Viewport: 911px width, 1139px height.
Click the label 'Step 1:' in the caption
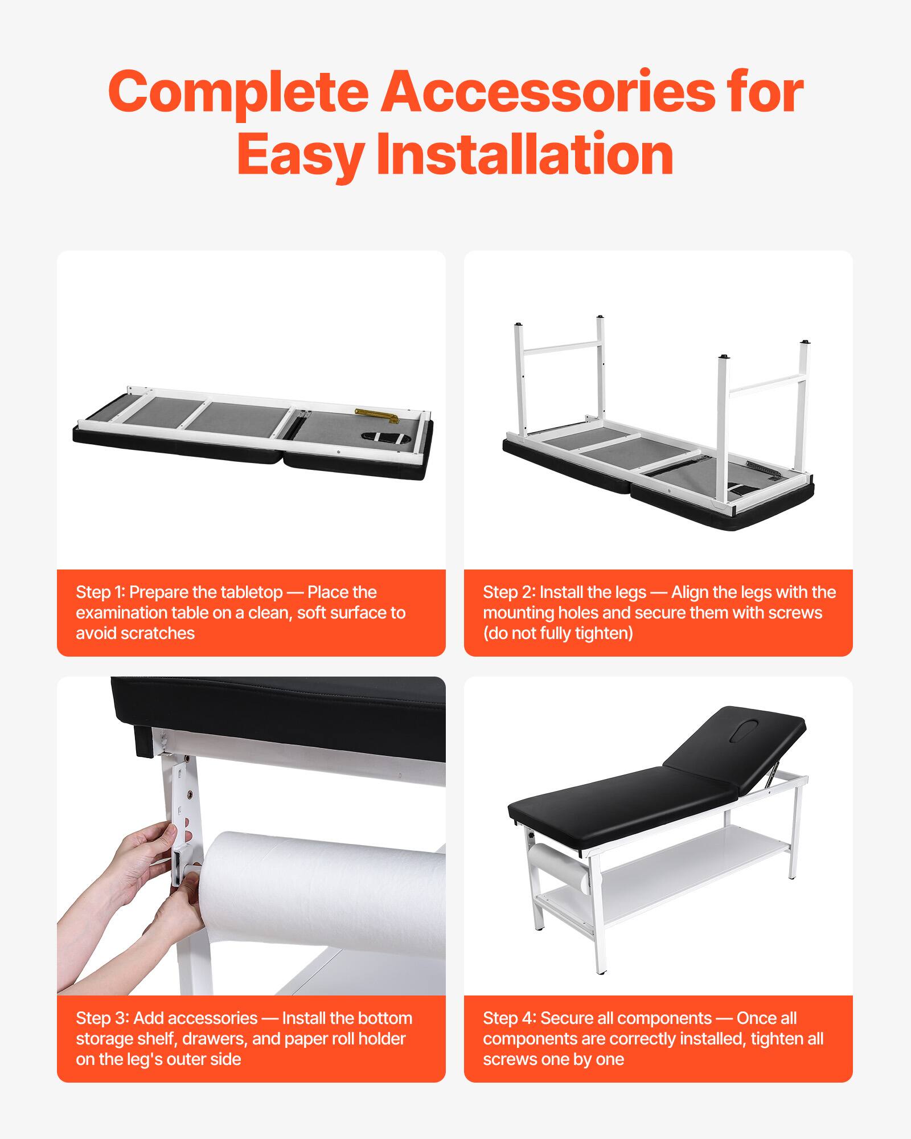click(100, 592)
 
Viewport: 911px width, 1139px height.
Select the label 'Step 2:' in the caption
click(508, 592)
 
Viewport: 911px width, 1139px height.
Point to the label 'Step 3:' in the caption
click(102, 1018)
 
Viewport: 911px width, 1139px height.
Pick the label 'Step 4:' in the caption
click(509, 1018)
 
